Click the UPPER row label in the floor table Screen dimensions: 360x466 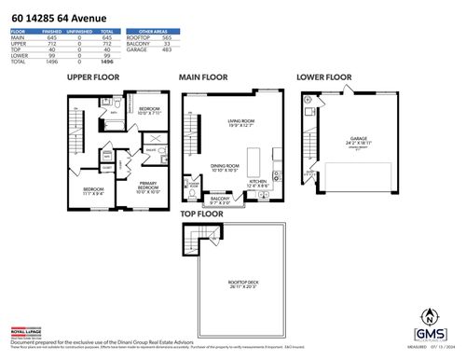click(18, 42)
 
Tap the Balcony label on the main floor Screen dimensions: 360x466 click(219, 199)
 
